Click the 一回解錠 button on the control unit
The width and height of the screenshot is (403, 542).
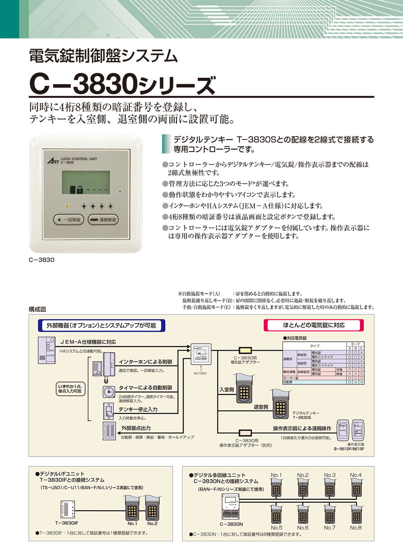[68, 220]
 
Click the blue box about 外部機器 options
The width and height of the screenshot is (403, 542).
[101, 325]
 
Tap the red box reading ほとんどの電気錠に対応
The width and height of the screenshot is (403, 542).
[314, 325]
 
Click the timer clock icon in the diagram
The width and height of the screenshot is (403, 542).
[108, 391]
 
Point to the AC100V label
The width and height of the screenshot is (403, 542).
[200, 374]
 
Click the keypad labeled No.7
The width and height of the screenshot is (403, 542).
[329, 514]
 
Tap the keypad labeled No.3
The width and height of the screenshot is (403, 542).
[329, 488]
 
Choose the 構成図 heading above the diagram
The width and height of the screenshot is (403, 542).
[37, 309]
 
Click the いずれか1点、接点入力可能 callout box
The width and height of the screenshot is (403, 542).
[71, 389]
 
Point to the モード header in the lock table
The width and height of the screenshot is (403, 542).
[355, 344]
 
